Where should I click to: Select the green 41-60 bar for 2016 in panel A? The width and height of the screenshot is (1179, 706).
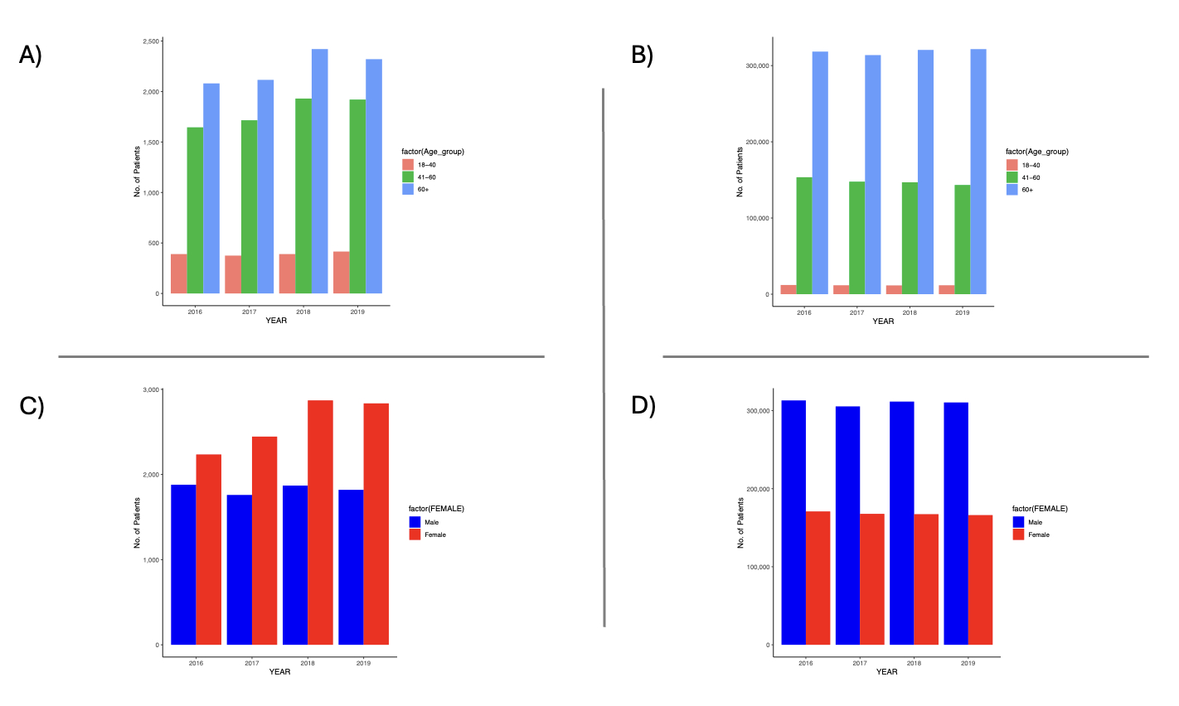pyautogui.click(x=195, y=210)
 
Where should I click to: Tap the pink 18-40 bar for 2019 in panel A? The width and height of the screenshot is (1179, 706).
pyautogui.click(x=341, y=273)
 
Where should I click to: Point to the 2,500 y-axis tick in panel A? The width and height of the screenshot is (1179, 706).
pyautogui.click(x=151, y=41)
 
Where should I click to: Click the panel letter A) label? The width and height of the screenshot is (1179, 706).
pyautogui.click(x=31, y=55)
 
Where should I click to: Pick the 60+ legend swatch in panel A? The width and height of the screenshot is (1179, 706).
pyautogui.click(x=408, y=190)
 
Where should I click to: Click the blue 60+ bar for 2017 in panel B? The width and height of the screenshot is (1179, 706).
pyautogui.click(x=872, y=175)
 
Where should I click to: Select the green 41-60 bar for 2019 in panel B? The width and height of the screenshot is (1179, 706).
pyautogui.click(x=963, y=239)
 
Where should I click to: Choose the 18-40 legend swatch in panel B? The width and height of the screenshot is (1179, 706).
pyautogui.click(x=1012, y=165)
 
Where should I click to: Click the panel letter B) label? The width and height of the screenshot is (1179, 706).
pyautogui.click(x=643, y=55)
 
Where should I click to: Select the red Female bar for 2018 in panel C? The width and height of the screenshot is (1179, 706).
pyautogui.click(x=320, y=523)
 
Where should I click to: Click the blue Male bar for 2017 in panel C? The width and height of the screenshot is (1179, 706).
pyautogui.click(x=239, y=570)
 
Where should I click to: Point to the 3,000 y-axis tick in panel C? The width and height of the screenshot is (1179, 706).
pyautogui.click(x=151, y=389)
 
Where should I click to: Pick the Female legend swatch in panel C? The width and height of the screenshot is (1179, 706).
pyautogui.click(x=415, y=534)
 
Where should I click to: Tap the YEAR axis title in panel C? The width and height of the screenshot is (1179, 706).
pyautogui.click(x=279, y=672)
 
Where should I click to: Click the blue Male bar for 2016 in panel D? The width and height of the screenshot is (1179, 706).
pyautogui.click(x=793, y=523)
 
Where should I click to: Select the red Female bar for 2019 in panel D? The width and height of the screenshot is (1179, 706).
pyautogui.click(x=980, y=580)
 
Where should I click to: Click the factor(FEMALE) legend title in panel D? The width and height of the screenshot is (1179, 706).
pyautogui.click(x=1040, y=509)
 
